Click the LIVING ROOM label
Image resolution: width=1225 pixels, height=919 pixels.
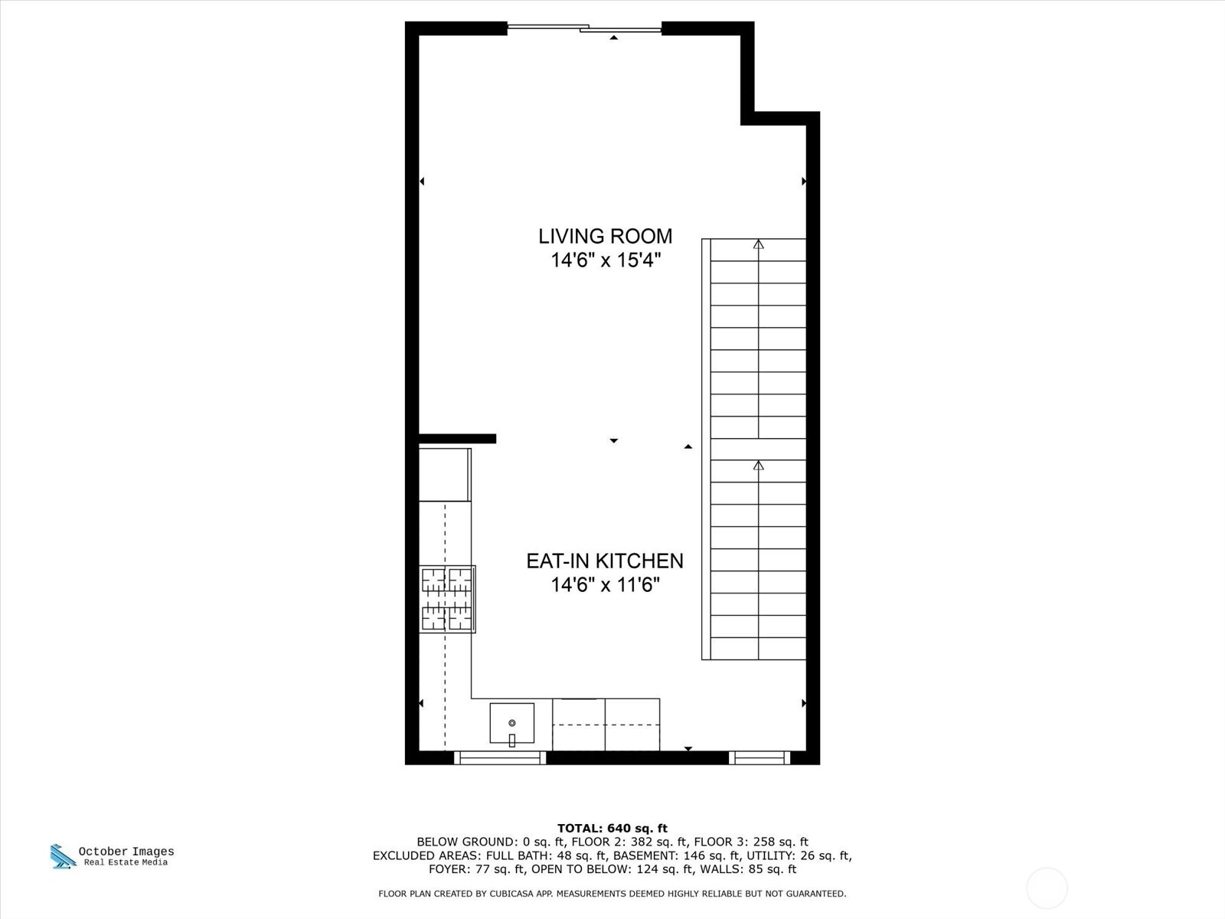(x=605, y=236)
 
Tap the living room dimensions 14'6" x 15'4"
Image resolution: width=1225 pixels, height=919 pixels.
(x=606, y=260)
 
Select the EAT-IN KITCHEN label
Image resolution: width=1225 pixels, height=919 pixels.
(x=605, y=561)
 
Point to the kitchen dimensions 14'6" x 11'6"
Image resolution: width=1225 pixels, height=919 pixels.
(x=606, y=585)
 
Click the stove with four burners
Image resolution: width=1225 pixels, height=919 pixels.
(x=447, y=600)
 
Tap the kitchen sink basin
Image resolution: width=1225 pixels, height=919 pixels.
(x=511, y=723)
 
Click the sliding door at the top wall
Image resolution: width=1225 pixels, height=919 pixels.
(x=584, y=28)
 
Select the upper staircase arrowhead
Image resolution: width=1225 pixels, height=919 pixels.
(x=758, y=244)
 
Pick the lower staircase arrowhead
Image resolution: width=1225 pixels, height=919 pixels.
(x=758, y=466)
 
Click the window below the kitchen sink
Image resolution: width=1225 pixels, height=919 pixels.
(x=499, y=757)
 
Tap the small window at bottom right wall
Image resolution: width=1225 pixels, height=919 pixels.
(x=759, y=757)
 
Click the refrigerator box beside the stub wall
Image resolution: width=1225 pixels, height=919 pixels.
(x=445, y=475)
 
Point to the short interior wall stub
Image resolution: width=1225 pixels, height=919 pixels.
(x=457, y=439)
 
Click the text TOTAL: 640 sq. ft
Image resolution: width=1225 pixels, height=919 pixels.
(x=612, y=828)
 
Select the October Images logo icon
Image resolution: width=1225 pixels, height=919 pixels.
(x=63, y=856)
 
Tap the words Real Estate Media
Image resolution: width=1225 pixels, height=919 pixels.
(x=126, y=862)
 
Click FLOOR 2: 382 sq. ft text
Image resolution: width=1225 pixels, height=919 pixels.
(x=629, y=842)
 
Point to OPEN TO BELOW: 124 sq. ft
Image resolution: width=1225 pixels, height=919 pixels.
(x=612, y=868)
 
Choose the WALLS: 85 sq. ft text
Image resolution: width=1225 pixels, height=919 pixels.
(x=748, y=868)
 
